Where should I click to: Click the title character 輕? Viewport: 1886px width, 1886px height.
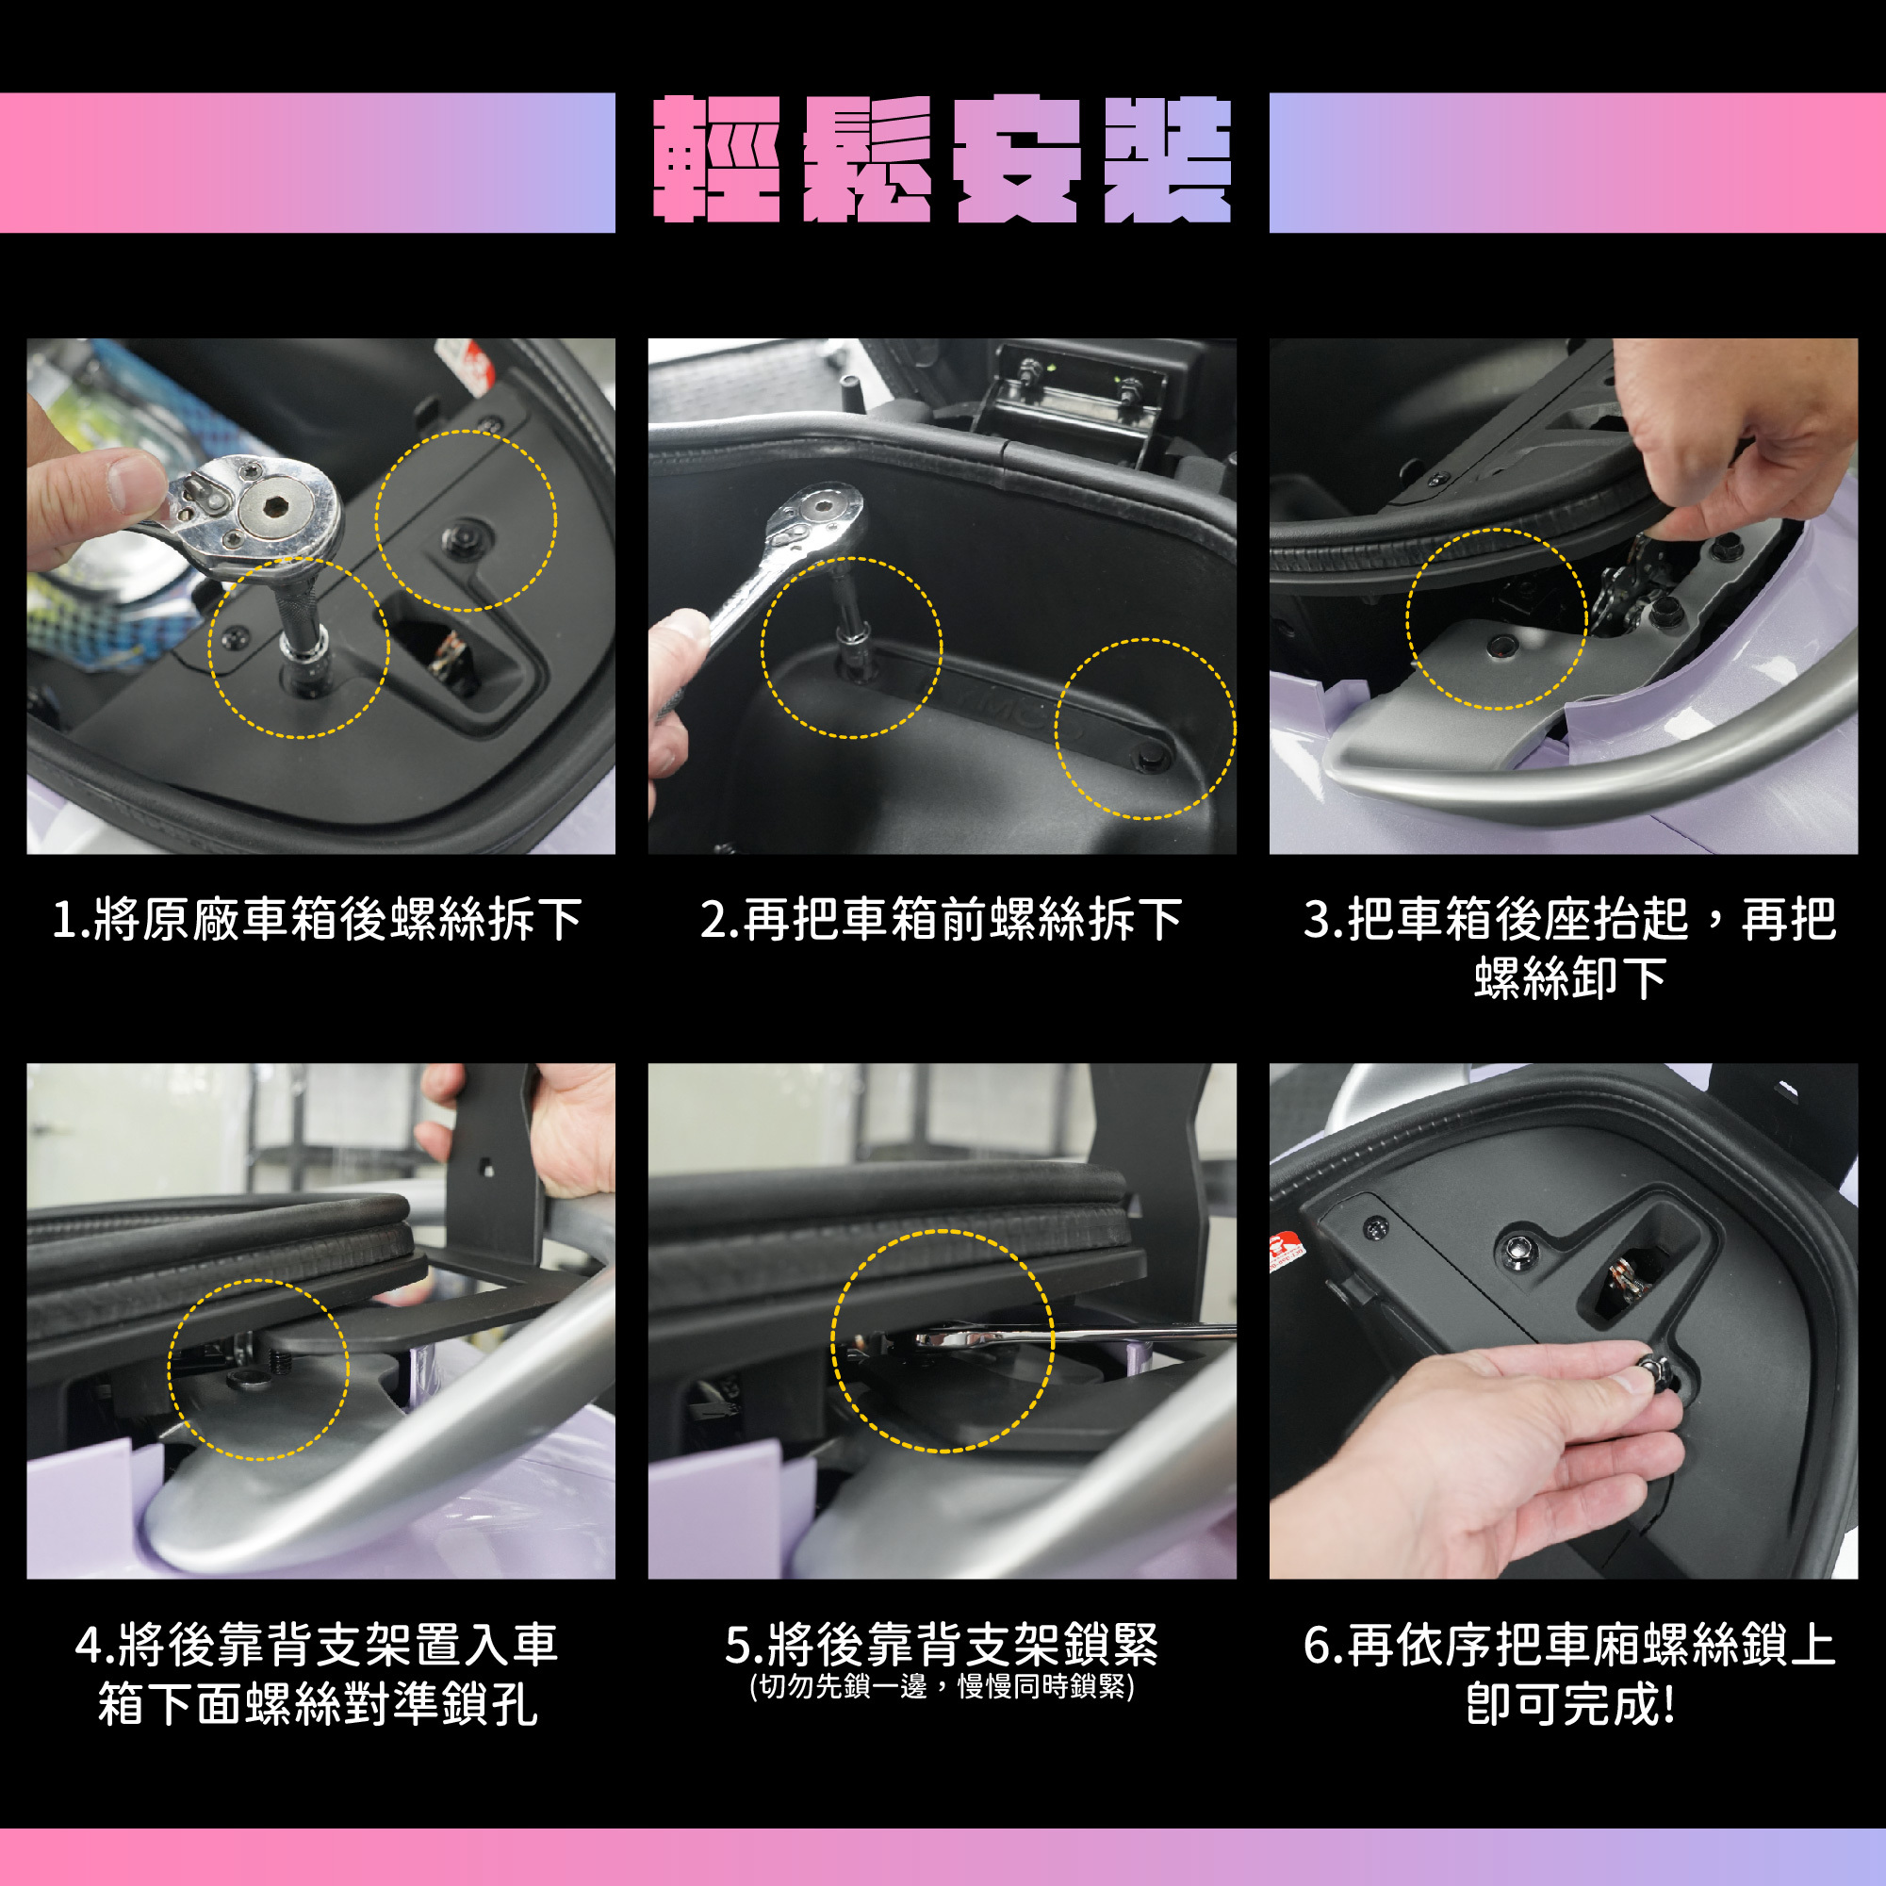pyautogui.click(x=717, y=160)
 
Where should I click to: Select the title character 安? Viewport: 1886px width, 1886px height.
pyautogui.click(x=1016, y=160)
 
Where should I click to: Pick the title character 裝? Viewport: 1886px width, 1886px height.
pyautogui.click(x=1168, y=160)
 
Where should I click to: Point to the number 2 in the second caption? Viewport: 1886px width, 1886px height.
pyautogui.click(x=713, y=921)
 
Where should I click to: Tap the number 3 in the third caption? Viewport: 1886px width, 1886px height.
pyautogui.click(x=1318, y=921)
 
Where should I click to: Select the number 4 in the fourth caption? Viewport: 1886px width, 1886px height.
pyautogui.click(x=89, y=1645)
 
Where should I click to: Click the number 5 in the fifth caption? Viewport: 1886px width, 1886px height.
pyautogui.click(x=738, y=1645)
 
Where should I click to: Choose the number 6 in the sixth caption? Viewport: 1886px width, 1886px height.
pyautogui.click(x=1318, y=1645)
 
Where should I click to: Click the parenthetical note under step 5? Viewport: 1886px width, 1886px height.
pyautogui.click(x=942, y=1687)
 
